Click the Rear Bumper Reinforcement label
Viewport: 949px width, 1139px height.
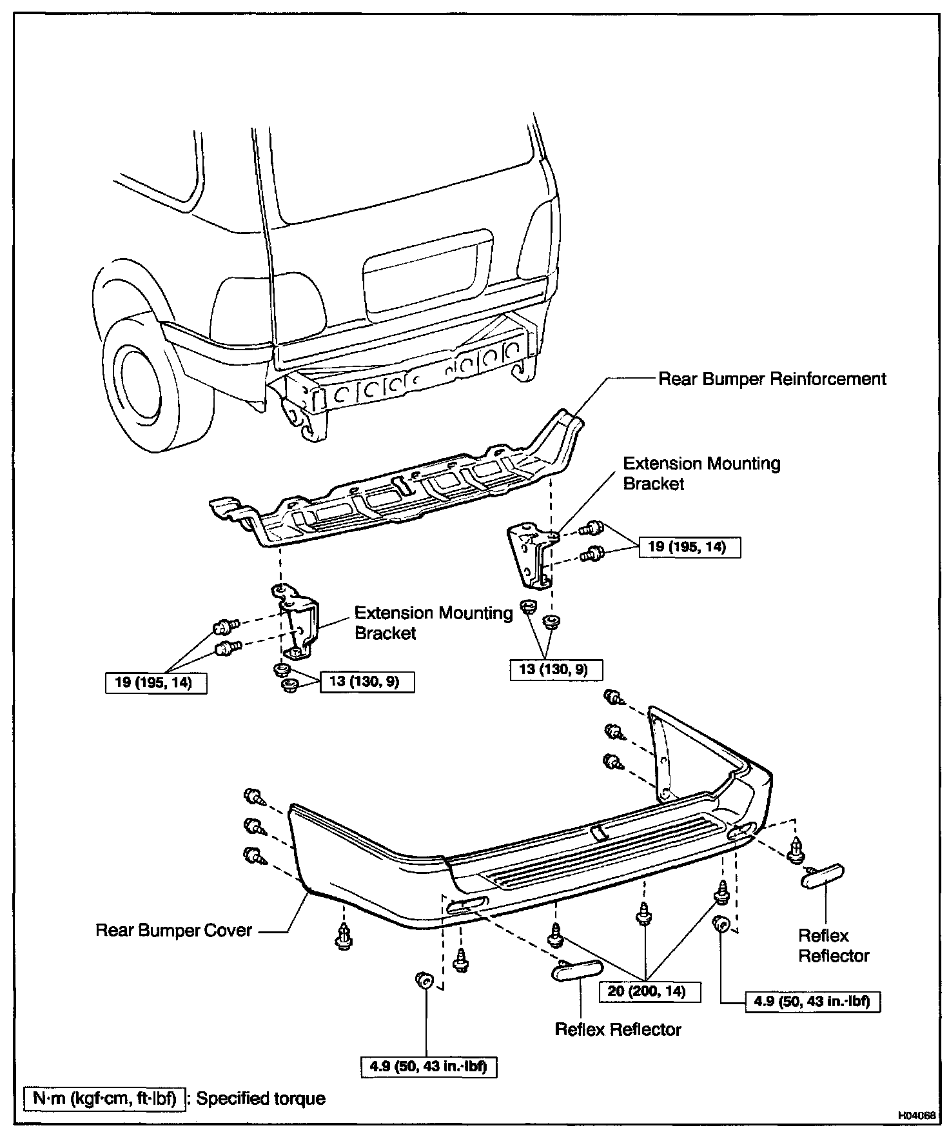click(x=772, y=379)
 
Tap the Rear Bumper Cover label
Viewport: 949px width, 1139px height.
click(x=173, y=930)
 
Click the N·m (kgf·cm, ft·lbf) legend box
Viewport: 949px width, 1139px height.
click(x=104, y=1098)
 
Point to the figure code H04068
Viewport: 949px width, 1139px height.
click(x=915, y=1115)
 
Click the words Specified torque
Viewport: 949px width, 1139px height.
click(x=260, y=1098)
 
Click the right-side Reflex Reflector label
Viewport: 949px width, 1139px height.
click(x=834, y=946)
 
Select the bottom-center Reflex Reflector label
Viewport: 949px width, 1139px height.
click(x=618, y=1029)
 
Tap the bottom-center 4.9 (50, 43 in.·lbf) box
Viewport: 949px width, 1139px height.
click(x=428, y=1067)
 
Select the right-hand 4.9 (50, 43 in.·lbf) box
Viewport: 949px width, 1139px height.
click(x=812, y=1001)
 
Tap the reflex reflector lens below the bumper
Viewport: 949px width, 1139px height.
click(x=577, y=970)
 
